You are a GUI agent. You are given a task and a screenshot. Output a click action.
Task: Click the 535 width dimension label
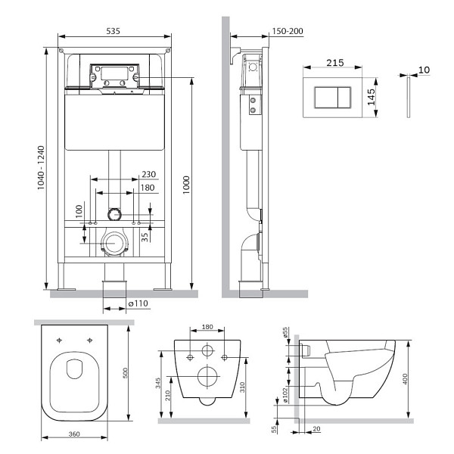pos(113,31)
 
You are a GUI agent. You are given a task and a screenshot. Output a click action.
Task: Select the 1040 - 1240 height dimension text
pos(41,168)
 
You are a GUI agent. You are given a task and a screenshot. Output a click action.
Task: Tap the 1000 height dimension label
pos(186,185)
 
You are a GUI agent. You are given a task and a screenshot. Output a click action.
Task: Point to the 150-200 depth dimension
pos(288,31)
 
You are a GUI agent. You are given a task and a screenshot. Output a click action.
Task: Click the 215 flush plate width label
pos(335,63)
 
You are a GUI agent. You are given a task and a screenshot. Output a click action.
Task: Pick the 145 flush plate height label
pos(371,97)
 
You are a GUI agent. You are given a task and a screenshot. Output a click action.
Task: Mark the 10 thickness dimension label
pos(424,70)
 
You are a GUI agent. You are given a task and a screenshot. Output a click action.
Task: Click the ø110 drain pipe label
pos(138,303)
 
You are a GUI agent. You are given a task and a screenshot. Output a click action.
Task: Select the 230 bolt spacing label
pos(149,174)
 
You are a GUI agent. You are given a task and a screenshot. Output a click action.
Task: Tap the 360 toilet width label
pos(74,434)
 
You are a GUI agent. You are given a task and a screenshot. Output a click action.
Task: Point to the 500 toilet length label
pos(125,373)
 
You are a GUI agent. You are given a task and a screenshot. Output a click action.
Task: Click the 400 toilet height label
pos(405,379)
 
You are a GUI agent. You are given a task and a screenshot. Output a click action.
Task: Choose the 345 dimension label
pos(158,383)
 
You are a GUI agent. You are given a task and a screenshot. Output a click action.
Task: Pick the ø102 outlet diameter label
pos(285,396)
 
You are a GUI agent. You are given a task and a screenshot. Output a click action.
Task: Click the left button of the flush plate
pos(326,98)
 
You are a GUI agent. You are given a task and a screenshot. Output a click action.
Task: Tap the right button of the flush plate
pos(344,98)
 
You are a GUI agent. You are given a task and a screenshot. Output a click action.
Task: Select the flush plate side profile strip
pos(409,98)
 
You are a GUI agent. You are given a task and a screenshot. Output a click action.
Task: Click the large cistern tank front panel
pos(114,123)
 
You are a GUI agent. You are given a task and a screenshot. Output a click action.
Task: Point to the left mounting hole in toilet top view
pos(59,340)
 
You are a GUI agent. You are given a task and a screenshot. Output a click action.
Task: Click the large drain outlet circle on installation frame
pos(114,243)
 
